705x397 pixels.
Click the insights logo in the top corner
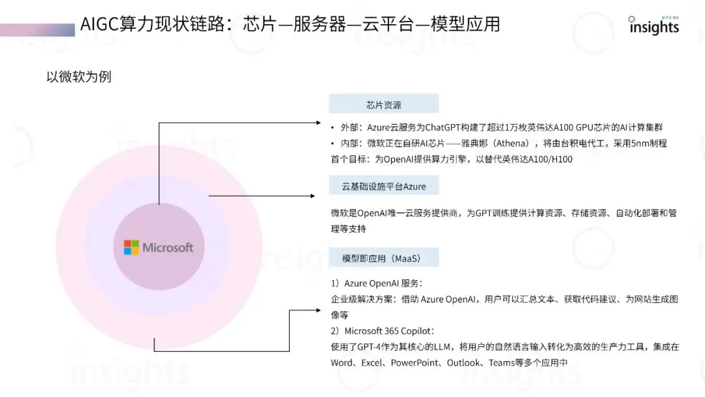click(x=653, y=26)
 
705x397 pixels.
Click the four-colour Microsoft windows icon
click(x=131, y=247)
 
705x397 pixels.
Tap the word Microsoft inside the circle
click(x=168, y=247)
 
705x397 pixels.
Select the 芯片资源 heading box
click(x=383, y=104)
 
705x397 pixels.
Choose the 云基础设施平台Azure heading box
click(x=383, y=186)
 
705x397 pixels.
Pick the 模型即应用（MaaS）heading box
click(x=383, y=258)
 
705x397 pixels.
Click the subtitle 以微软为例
click(x=78, y=76)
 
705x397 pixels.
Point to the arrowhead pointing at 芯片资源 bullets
click(x=318, y=122)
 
